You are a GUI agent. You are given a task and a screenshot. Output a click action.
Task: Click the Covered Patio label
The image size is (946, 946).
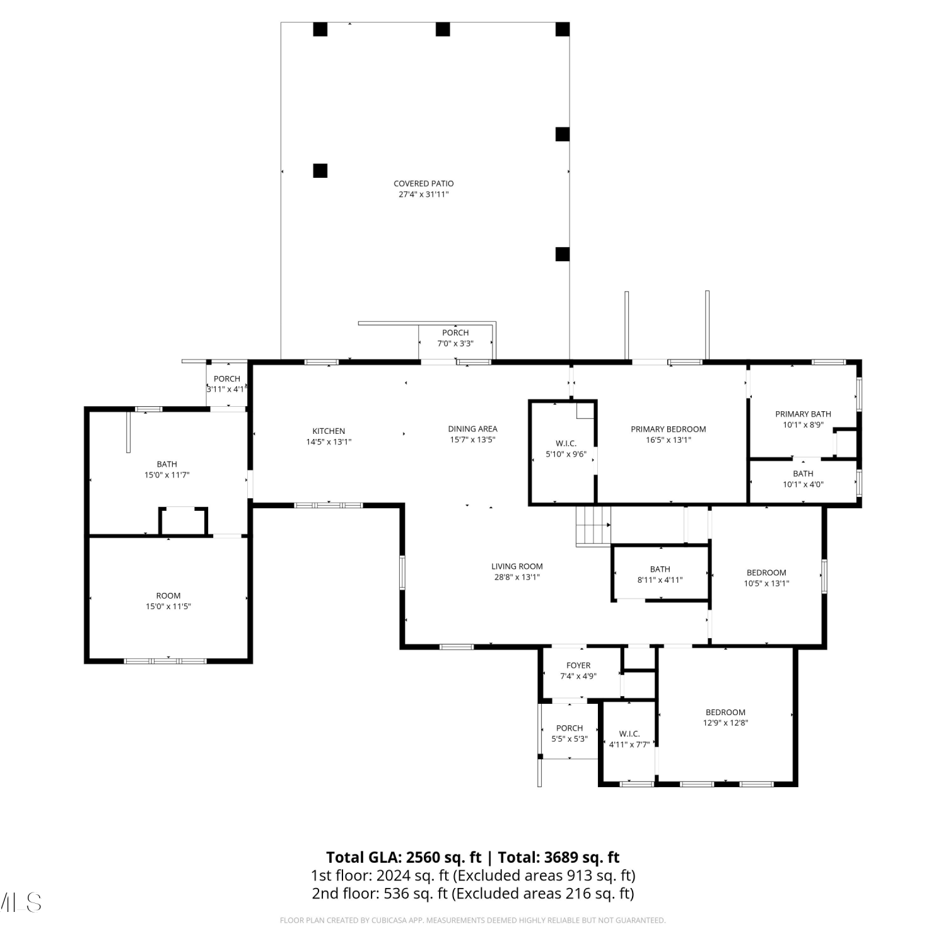point(424,184)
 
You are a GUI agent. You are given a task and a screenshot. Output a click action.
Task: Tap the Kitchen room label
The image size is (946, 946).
point(329,431)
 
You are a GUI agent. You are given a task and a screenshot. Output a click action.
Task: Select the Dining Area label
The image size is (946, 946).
point(472,429)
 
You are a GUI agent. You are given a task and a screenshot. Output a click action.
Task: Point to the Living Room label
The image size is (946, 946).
point(517,566)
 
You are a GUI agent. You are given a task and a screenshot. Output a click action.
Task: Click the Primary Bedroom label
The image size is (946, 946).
point(669,429)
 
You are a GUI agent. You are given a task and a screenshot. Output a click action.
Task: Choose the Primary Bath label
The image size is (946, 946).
point(803,414)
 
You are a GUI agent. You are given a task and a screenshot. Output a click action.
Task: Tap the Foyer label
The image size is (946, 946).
point(578,665)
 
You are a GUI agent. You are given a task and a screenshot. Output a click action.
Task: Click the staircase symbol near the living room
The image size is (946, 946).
point(593,525)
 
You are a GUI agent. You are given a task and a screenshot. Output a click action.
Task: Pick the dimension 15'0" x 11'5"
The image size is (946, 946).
point(168,607)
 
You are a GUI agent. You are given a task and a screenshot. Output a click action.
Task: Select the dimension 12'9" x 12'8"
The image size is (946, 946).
point(726,723)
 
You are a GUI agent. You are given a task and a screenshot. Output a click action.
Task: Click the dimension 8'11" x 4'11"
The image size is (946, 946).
point(660,580)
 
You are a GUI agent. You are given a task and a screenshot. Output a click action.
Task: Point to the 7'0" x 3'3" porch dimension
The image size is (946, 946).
point(455,344)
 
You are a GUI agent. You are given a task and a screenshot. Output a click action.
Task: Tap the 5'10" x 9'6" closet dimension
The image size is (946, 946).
point(566,454)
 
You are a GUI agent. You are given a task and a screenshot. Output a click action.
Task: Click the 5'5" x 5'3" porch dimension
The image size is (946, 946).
point(569,739)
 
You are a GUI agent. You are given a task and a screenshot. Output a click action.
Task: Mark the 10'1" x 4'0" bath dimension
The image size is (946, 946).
point(803,485)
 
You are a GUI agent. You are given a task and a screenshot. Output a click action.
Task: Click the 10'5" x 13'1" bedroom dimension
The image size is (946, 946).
point(767,584)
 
